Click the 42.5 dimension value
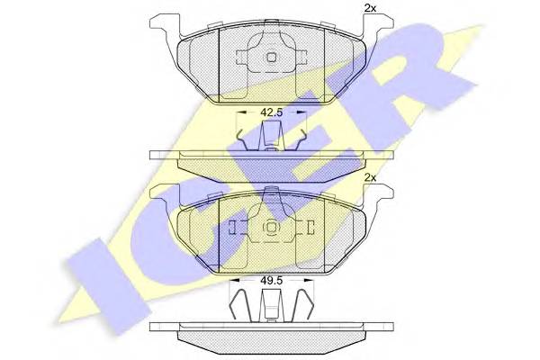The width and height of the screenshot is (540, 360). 272,112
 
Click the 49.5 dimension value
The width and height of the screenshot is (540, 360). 272,281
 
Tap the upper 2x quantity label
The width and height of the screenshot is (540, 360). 370,9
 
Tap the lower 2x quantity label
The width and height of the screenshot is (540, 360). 370,178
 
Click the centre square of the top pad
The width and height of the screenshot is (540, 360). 272,58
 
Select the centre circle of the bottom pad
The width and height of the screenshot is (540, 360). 272,227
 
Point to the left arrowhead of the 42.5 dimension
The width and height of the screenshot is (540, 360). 240,112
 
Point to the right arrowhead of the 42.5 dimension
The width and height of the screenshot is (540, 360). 301,112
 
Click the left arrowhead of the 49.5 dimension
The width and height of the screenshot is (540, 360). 234,281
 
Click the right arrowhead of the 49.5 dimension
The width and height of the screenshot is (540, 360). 310,281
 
